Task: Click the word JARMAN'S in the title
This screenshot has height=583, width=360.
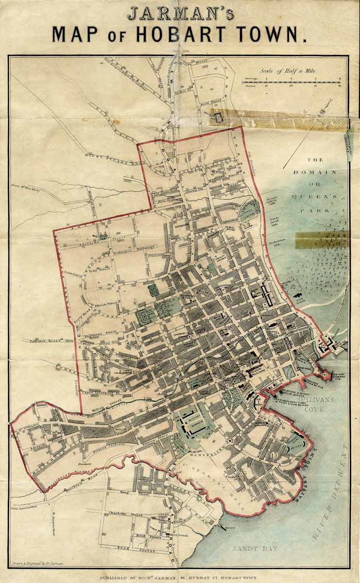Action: click(180, 13)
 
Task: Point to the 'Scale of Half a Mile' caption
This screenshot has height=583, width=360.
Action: click(288, 71)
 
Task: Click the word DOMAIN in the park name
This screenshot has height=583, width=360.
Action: click(321, 172)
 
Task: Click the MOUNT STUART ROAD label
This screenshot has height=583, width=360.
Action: click(106, 156)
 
